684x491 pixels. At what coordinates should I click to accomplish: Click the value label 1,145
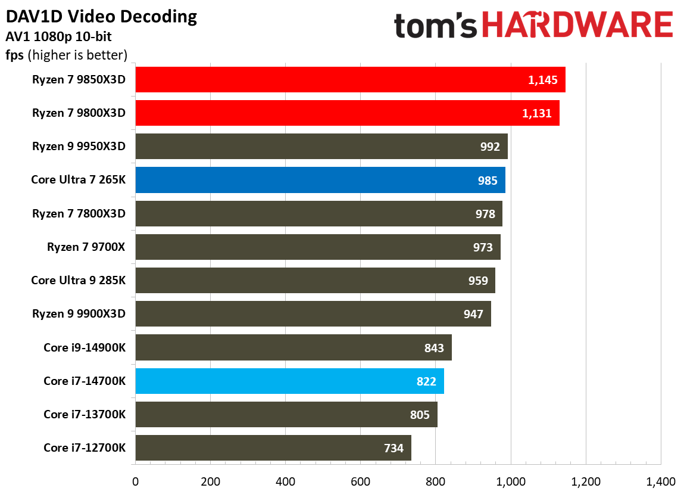[542, 80]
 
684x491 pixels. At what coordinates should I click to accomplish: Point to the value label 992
[489, 147]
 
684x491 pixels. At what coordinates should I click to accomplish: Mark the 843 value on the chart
[434, 347]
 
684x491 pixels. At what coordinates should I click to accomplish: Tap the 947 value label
[473, 314]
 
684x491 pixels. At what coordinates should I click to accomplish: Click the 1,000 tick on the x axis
[510, 481]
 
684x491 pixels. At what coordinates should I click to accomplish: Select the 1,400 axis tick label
[660, 481]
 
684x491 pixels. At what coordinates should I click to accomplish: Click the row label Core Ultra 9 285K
[79, 280]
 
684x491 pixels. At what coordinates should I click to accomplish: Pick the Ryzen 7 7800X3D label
[79, 213]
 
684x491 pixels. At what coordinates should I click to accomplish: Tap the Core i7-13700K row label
[85, 414]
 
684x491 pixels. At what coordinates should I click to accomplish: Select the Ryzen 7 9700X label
[86, 247]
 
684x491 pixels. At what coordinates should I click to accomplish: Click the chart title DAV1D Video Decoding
[101, 17]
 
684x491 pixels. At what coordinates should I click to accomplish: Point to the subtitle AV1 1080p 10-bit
[58, 37]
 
